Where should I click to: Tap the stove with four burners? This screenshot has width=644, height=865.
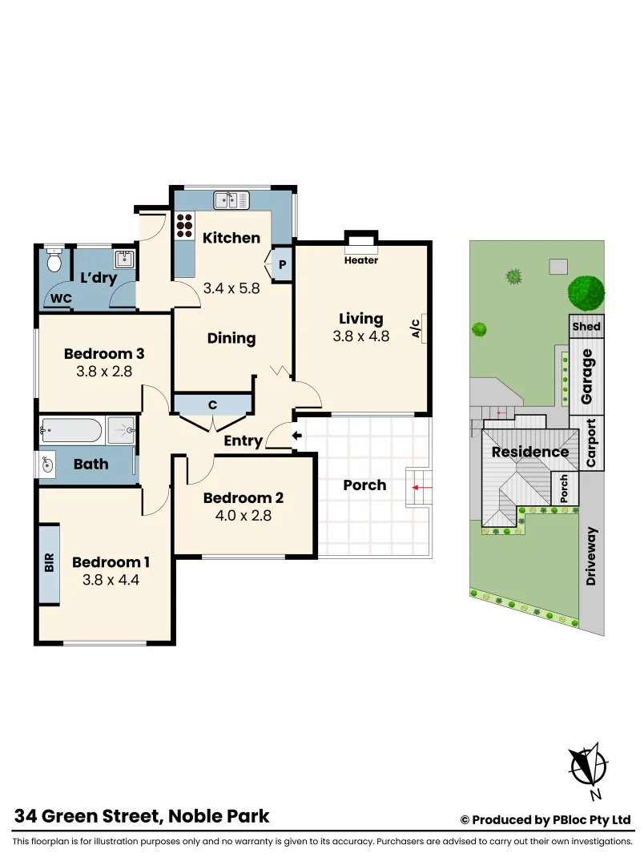[x=184, y=225]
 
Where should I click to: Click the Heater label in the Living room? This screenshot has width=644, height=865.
[x=360, y=260]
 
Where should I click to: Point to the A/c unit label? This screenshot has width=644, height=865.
[x=416, y=329]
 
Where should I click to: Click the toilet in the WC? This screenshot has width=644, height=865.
[x=54, y=260]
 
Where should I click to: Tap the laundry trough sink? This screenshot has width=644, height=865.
[x=124, y=259]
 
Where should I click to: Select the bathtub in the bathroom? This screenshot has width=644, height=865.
[x=72, y=431]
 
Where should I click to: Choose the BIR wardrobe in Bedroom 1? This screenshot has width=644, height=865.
[x=49, y=564]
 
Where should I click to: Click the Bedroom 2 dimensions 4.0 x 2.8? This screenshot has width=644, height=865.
[x=243, y=516]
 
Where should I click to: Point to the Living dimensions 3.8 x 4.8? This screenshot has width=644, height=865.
[x=360, y=336]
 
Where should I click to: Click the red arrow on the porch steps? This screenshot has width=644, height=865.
[x=419, y=486]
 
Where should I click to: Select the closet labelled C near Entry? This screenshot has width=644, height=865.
[x=213, y=405]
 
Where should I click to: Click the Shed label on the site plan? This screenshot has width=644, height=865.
[x=586, y=327]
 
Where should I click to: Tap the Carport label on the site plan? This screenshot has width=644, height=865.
[x=591, y=443]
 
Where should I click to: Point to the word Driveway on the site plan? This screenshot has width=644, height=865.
[x=591, y=556]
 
